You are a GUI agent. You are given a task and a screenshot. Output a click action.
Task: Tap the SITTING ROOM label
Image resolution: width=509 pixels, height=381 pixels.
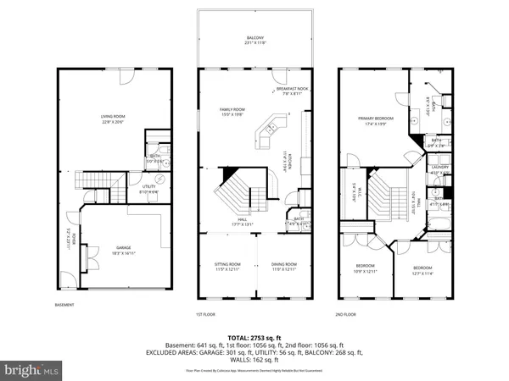tap(227, 266)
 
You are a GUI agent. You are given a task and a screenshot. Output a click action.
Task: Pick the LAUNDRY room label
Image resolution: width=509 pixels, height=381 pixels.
tap(439, 168)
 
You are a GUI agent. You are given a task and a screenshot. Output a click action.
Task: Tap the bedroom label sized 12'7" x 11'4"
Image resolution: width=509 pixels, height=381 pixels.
tap(429, 268)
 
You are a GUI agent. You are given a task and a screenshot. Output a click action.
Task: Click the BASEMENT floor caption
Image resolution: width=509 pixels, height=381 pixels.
tap(64, 305)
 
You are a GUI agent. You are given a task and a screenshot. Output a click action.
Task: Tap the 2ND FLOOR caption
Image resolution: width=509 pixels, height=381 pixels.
tap(346, 313)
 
